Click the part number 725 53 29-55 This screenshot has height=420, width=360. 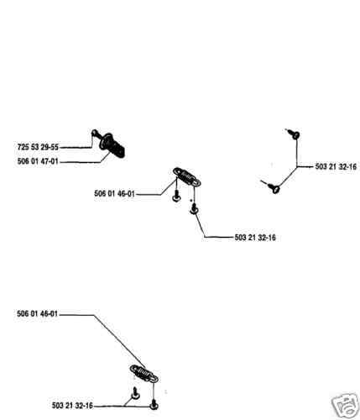click(x=38, y=147)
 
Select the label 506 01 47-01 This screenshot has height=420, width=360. click(x=38, y=161)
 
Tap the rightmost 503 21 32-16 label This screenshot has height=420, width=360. click(x=336, y=166)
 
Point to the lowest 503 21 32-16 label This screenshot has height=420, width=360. click(x=72, y=405)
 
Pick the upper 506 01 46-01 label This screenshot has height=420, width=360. click(x=114, y=193)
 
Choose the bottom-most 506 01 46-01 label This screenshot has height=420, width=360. click(x=37, y=313)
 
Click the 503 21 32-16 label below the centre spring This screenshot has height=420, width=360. click(x=255, y=238)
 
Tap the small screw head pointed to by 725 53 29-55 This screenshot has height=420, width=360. click(x=94, y=133)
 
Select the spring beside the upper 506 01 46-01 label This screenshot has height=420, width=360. click(x=186, y=176)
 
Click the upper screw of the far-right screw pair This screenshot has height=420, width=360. click(x=294, y=134)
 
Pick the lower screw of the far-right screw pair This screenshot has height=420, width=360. click(x=271, y=186)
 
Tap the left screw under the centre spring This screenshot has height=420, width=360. click(x=176, y=196)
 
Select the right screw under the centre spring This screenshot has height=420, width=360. click(x=194, y=208)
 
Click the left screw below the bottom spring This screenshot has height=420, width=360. click(x=135, y=393)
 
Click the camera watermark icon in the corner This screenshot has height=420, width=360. click(x=345, y=406)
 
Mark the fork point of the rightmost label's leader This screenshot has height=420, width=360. click(x=297, y=167)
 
